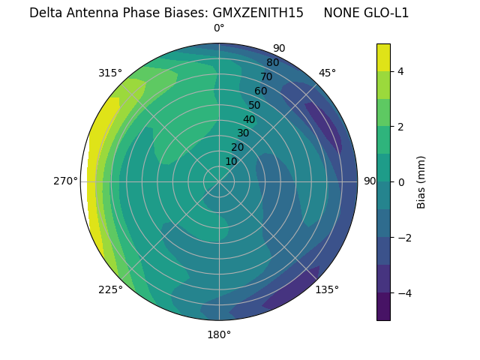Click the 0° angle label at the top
tap(219, 28)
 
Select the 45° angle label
tap(327, 73)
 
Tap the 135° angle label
tap(327, 289)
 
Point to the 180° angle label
tap(219, 334)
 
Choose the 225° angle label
tap(110, 289)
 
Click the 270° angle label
tap(65, 181)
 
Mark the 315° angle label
tap(110, 73)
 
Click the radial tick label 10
tap(231, 161)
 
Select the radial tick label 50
tap(254, 106)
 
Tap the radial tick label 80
tap(272, 62)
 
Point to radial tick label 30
tap(243, 133)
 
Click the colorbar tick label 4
tap(401, 71)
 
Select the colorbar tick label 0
tap(401, 182)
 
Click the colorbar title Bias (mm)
tap(421, 182)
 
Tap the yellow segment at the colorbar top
tap(383, 58)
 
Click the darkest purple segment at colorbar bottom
tap(383, 307)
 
